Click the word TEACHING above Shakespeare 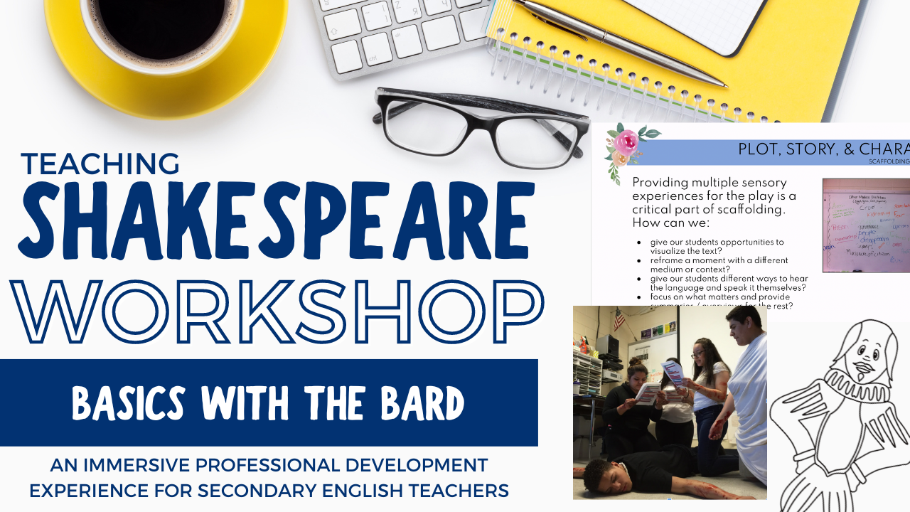point(100,164)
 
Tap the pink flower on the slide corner point(627,142)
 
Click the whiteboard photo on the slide point(866,225)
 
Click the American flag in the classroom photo point(619,319)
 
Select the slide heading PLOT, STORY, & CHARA point(823,149)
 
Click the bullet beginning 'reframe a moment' point(719,265)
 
